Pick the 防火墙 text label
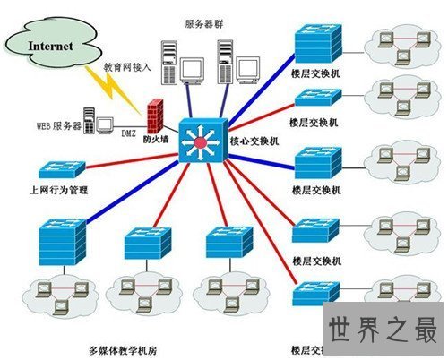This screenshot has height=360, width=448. [x=154, y=141]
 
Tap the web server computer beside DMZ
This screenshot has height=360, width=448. [x=103, y=126]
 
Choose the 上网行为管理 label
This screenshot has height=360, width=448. [x=62, y=189]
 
